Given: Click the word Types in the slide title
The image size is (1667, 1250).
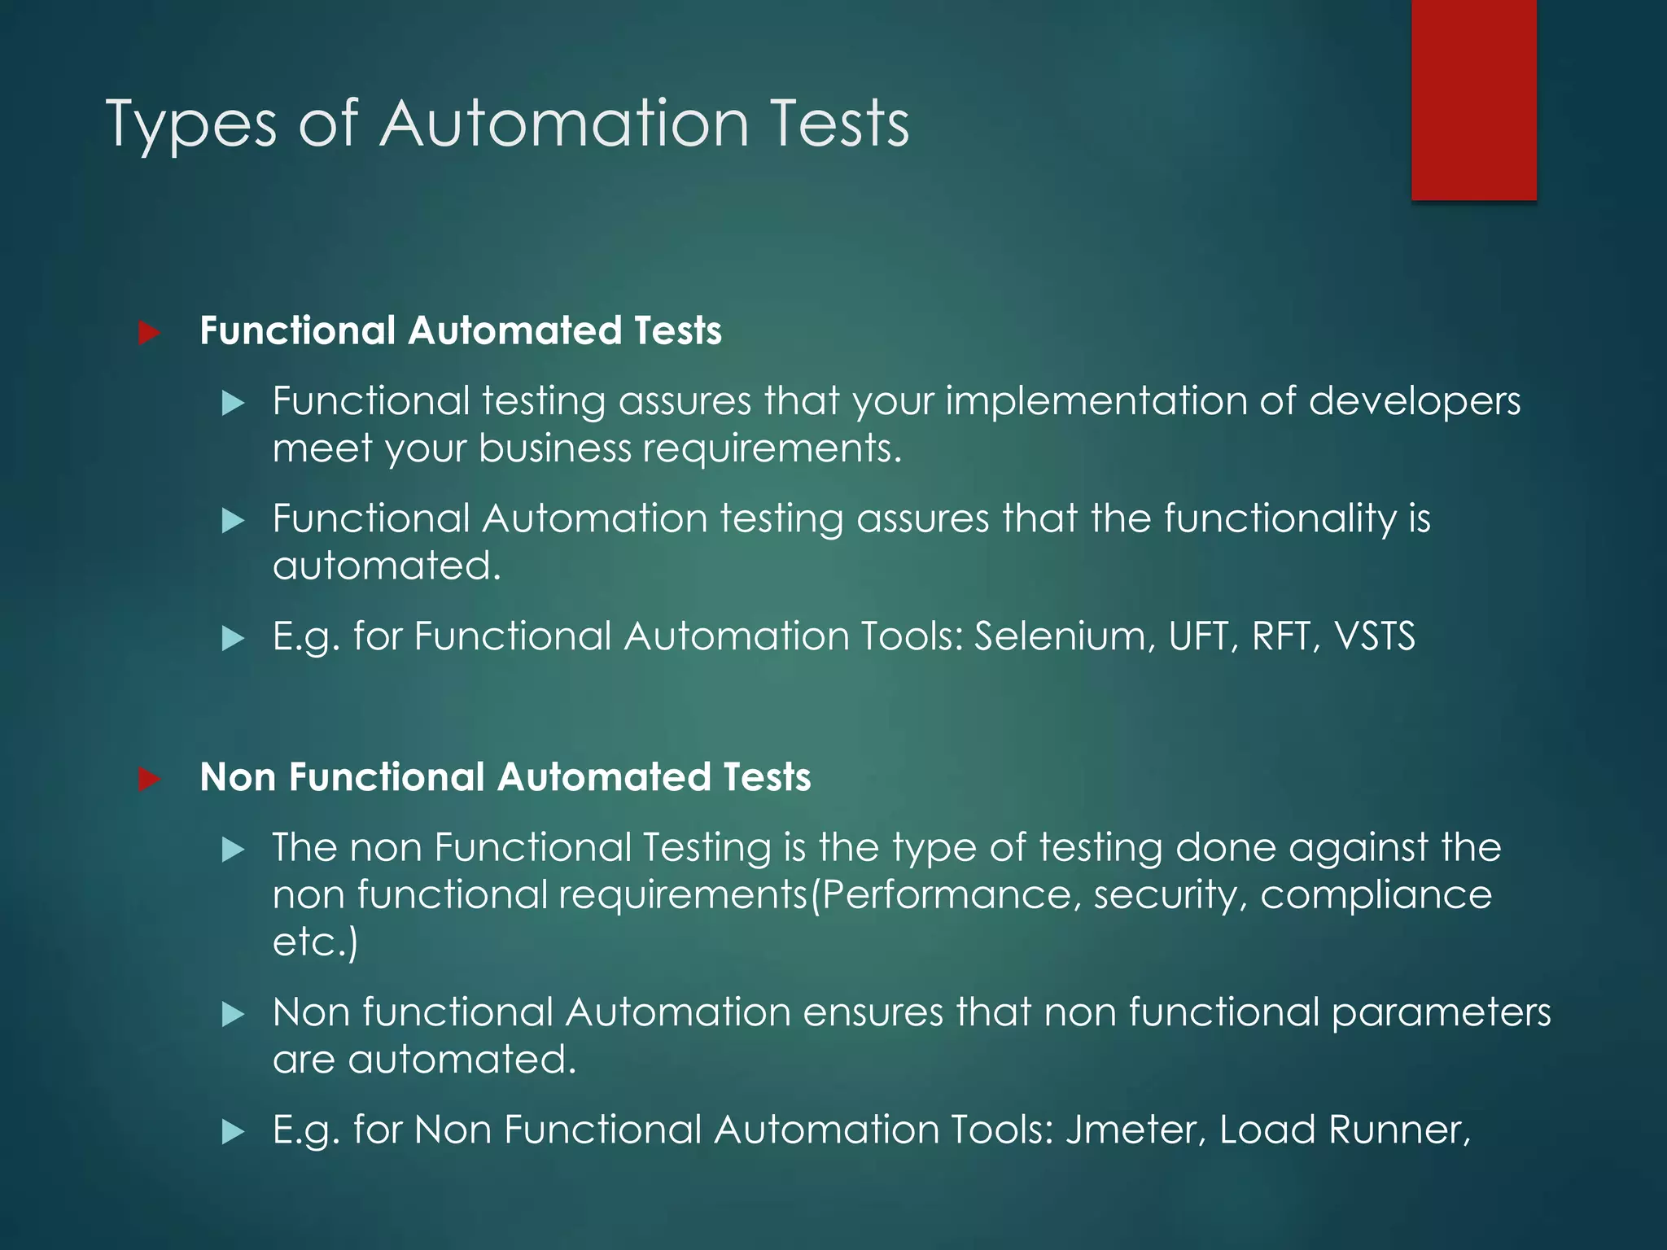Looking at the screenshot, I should point(191,124).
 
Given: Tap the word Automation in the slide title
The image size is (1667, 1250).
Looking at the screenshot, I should point(563,124).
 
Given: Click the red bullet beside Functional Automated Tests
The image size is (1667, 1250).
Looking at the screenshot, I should point(149,333).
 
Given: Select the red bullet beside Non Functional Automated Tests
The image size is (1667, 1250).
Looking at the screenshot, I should point(149,779).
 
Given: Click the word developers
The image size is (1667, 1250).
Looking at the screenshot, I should point(1414,402).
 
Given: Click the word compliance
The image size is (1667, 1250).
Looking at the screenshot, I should point(1376,895).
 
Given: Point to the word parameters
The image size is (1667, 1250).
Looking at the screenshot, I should point(1441,1013).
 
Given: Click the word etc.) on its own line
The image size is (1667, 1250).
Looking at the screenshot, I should point(315,942).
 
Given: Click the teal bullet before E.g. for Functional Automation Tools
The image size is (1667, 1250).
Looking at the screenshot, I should point(234,638).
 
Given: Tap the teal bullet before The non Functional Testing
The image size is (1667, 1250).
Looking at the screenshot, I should point(234,850).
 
